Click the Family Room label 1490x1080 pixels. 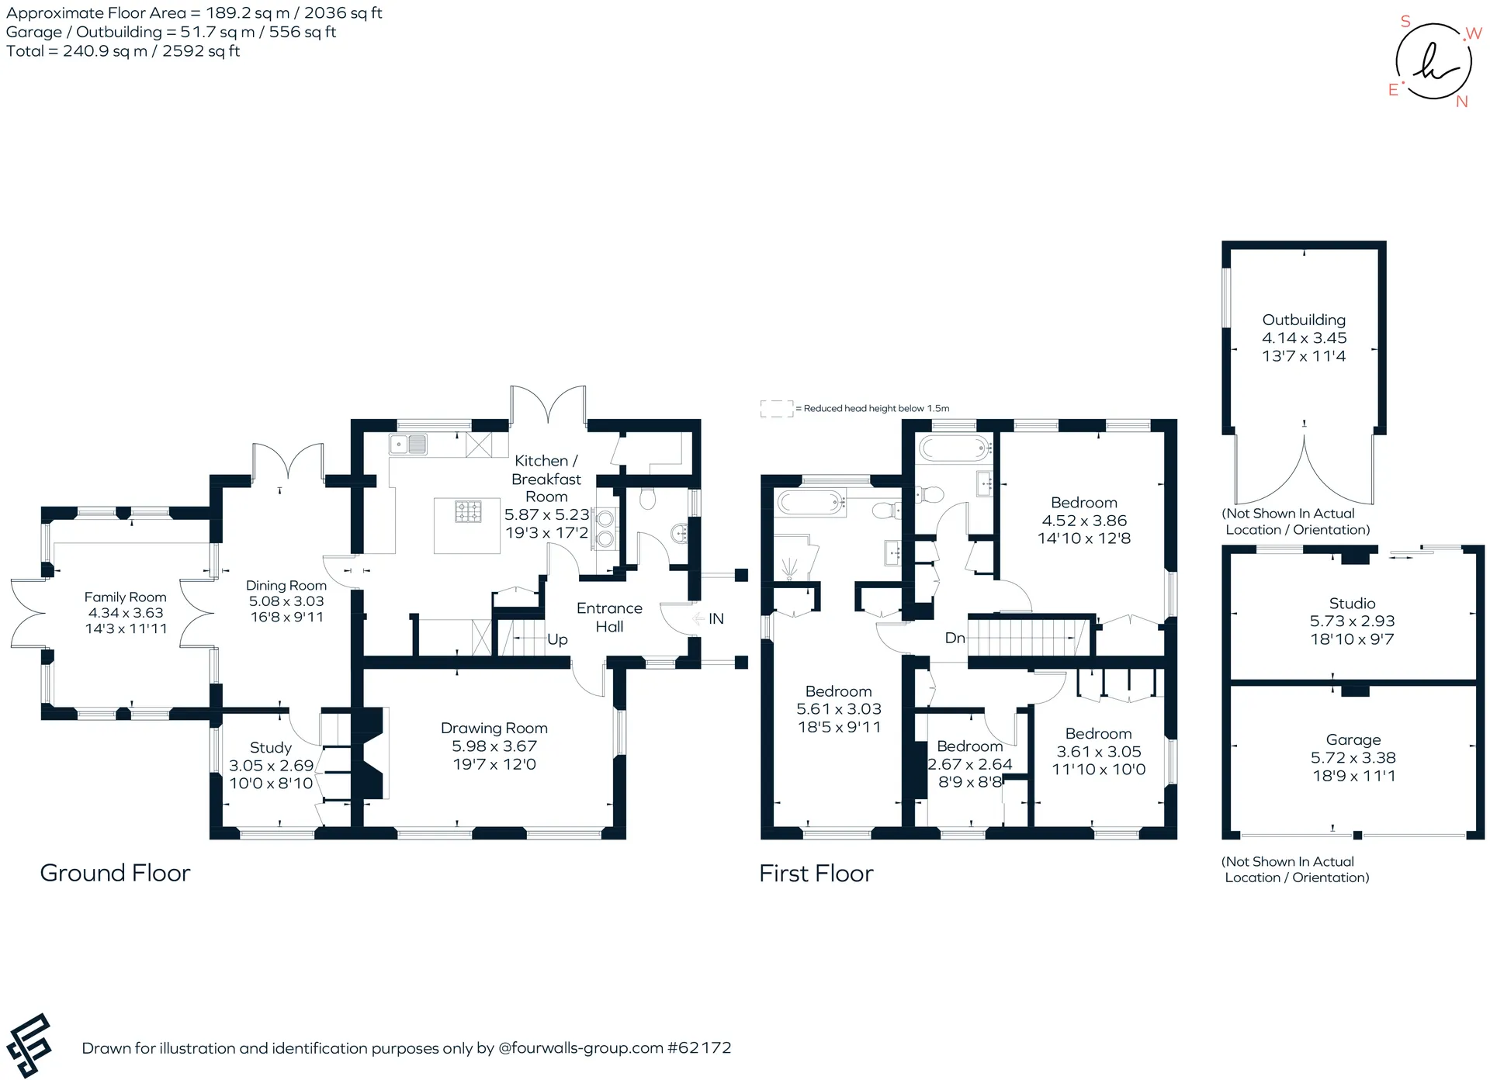126,597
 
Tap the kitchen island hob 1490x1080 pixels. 468,512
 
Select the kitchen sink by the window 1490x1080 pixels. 409,445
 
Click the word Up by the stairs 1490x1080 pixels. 557,639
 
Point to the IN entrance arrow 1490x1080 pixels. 697,618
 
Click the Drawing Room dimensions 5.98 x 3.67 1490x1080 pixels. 494,746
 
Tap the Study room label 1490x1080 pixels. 271,748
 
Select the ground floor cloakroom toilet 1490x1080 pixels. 647,497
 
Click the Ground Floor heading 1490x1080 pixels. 115,873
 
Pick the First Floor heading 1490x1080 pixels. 816,874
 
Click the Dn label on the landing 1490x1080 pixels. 955,638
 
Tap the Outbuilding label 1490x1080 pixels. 1304,320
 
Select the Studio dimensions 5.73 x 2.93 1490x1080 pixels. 1352,621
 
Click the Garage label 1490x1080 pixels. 1353,739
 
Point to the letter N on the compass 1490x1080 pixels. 1462,102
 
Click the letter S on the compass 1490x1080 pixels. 1405,22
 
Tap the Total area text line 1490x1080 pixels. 123,51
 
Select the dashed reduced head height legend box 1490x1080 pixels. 776,409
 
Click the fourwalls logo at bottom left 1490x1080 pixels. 29,1045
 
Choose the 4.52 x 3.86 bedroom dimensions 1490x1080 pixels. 1084,521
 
